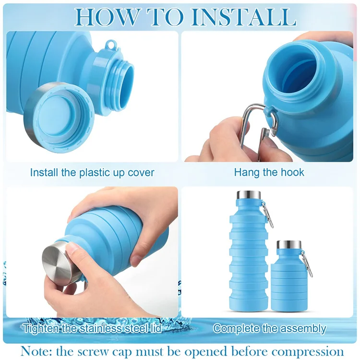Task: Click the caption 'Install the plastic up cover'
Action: [x=92, y=172]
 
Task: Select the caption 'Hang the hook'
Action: [x=269, y=172]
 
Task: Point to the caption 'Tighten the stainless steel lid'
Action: [x=92, y=329]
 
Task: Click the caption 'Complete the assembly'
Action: [x=269, y=329]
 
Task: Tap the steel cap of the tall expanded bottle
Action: [x=248, y=195]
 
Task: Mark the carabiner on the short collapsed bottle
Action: [x=307, y=264]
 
